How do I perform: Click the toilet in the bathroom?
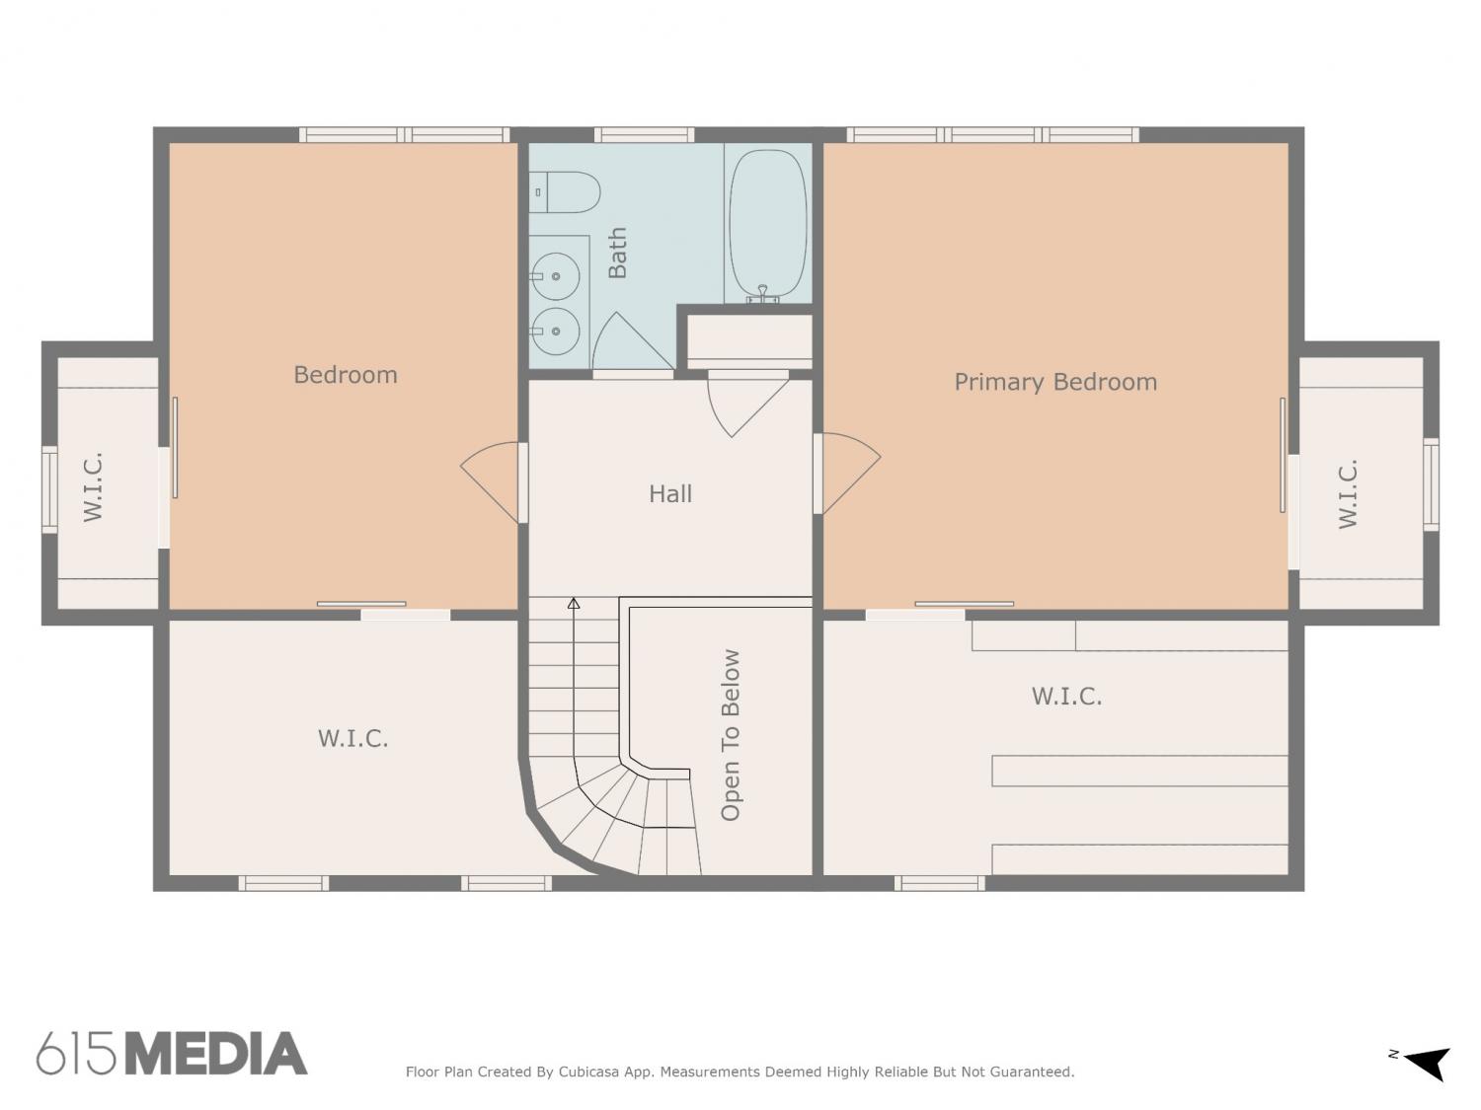[x=564, y=192]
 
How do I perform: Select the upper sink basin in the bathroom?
[x=555, y=276]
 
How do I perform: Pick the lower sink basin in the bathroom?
[x=555, y=332]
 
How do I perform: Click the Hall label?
[x=670, y=494]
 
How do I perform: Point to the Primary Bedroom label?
[x=1055, y=382]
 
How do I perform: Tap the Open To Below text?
[x=730, y=735]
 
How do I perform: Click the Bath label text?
[x=617, y=253]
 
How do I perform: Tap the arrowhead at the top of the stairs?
[x=574, y=603]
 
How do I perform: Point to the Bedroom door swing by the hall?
[x=490, y=482]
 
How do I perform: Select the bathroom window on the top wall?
[x=645, y=135]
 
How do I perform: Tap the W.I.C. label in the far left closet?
[x=93, y=486]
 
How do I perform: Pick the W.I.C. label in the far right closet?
[x=1348, y=494]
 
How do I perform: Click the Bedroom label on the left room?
[x=346, y=375]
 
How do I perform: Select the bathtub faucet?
[x=763, y=294]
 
